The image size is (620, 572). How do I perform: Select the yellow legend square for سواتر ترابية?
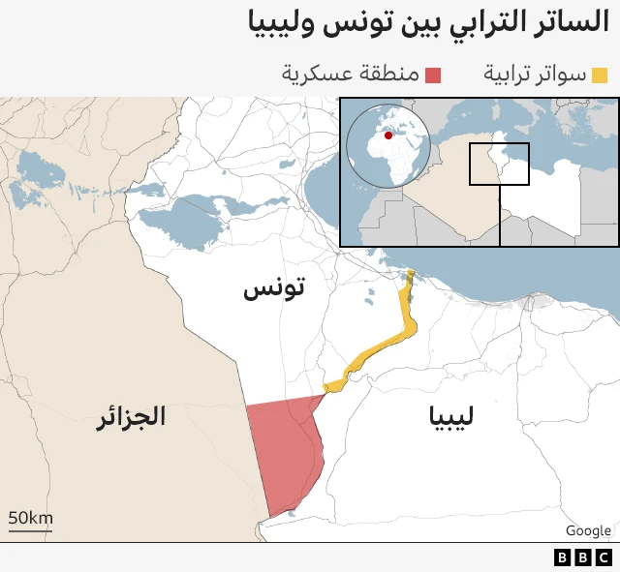tap(600, 75)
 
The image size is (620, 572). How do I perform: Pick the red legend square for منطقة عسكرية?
tap(433, 75)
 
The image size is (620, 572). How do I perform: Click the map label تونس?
tap(274, 288)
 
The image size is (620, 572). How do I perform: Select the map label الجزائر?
tap(131, 417)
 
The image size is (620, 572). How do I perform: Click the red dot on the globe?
tap(388, 135)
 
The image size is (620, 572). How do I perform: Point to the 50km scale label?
tap(30, 519)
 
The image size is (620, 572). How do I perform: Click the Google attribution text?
tap(588, 530)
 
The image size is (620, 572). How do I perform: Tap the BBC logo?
tap(581, 557)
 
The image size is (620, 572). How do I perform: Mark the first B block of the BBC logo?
tap(562, 557)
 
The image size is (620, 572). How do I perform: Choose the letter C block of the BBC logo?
tap(601, 557)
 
